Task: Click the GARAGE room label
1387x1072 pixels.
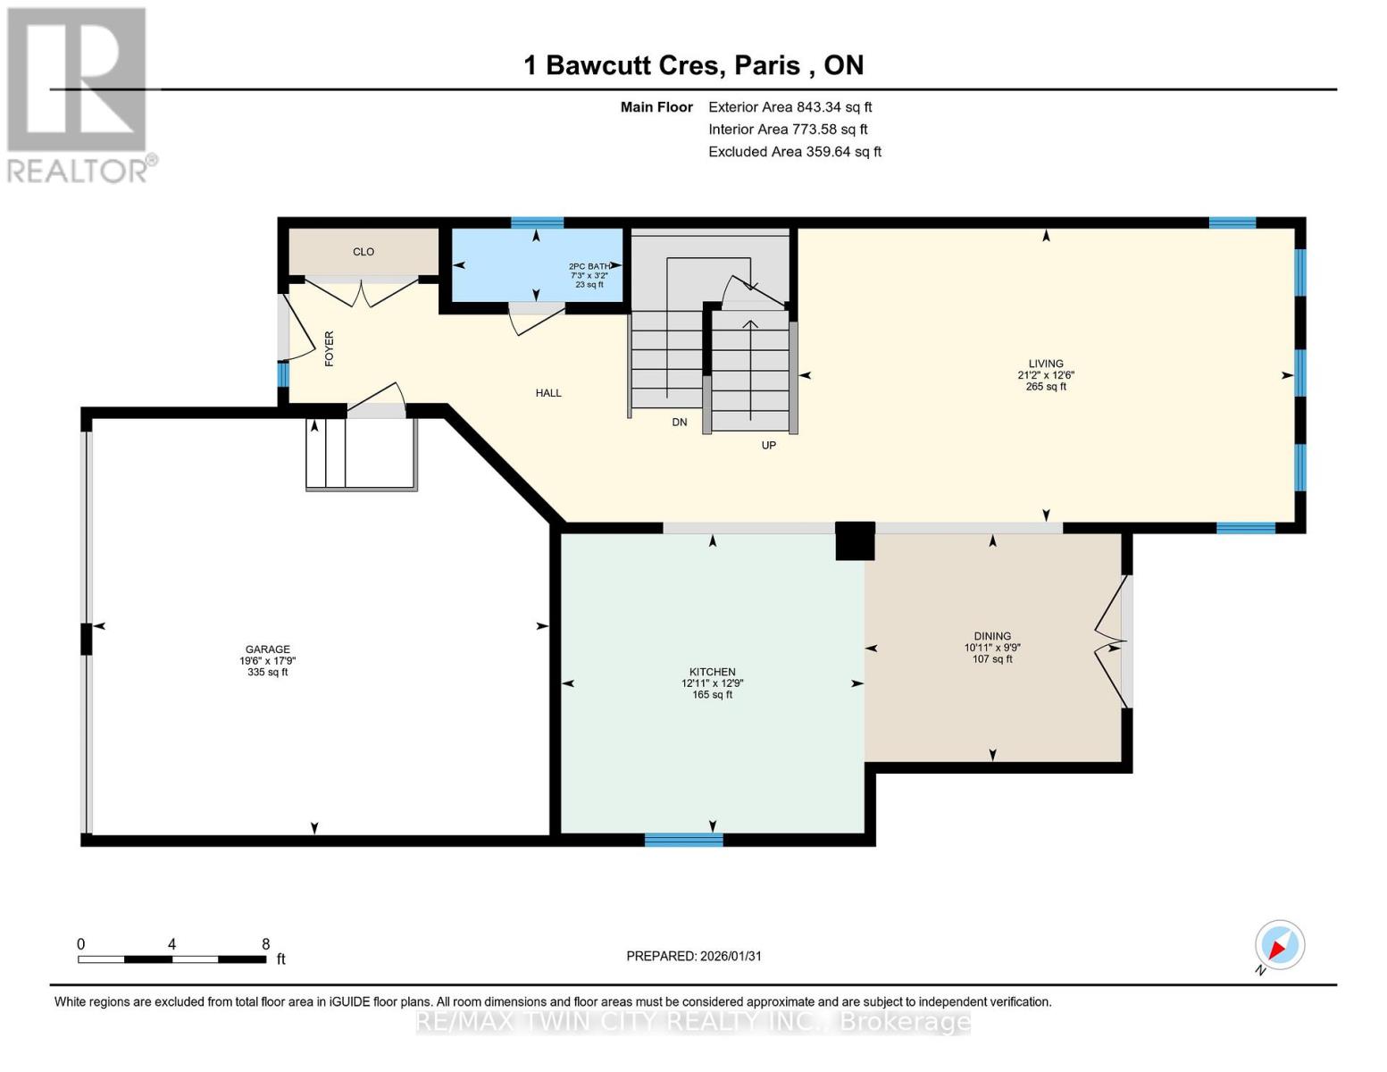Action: (x=268, y=650)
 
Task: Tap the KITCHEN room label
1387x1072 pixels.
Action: (x=712, y=673)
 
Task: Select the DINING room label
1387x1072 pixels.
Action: (x=992, y=637)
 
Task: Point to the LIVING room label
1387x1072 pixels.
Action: (x=1046, y=364)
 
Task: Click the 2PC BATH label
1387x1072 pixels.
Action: (x=589, y=266)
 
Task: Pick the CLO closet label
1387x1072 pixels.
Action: (x=363, y=252)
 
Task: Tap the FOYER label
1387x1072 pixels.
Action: (x=329, y=348)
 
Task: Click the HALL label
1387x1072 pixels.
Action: (x=548, y=393)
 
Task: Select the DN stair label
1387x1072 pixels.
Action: (x=680, y=423)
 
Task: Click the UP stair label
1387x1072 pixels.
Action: (x=768, y=445)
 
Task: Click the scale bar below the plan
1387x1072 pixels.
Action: (x=171, y=959)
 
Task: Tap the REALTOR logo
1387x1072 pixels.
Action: (x=79, y=94)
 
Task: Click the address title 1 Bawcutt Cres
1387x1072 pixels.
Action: (x=693, y=65)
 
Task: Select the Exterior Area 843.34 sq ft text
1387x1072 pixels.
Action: (x=790, y=107)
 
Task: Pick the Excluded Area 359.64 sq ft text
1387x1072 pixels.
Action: (x=794, y=152)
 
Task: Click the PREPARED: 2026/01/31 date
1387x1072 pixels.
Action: (x=694, y=956)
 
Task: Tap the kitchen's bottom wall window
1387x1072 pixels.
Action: (x=684, y=840)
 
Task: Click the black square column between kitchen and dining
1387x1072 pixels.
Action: (x=855, y=541)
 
